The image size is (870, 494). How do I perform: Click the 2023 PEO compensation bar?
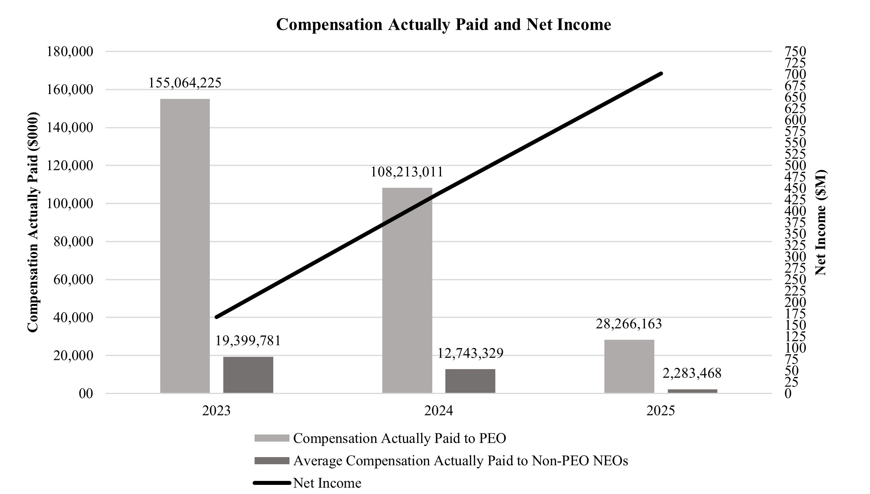185,246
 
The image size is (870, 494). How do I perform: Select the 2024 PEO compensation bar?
407,290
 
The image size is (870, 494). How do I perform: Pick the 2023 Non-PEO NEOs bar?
248,375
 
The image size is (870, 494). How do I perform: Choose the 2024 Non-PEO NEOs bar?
470,381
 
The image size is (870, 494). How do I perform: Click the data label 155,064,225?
185,83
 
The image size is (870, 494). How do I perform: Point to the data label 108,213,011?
407,172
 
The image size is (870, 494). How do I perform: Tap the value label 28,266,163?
629,324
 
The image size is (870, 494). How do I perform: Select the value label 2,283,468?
692,373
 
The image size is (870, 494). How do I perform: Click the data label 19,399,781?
248,340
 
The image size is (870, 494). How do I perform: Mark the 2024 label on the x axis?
439,411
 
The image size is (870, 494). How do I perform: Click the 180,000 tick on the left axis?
70,52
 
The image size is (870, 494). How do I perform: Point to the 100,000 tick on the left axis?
70,204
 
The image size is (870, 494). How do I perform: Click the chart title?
443,25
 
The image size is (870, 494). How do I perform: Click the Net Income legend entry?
327,483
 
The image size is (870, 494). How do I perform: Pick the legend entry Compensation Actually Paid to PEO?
399,438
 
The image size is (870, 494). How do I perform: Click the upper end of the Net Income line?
661,73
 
